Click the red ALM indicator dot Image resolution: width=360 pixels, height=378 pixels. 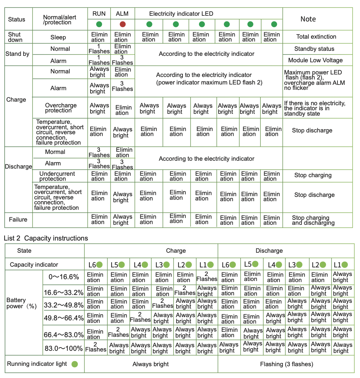click(122, 24)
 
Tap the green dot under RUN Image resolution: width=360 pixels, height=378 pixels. click(99, 24)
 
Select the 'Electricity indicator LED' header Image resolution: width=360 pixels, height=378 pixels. click(181, 14)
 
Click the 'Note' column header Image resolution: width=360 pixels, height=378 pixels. click(308, 19)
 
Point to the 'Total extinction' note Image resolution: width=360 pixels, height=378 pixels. click(316, 37)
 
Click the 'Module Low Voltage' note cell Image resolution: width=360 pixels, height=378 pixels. click(315, 60)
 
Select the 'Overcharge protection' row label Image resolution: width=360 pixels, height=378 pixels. click(61, 108)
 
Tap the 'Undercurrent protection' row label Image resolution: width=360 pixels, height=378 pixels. click(57, 176)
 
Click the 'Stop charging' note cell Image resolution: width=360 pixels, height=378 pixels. click(313, 175)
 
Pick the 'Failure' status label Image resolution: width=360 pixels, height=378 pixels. click(18, 219)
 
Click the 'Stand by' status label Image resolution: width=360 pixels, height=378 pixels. click(18, 54)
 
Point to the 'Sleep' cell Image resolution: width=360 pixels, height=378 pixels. click(58, 37)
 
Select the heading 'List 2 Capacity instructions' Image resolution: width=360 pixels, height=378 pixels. click(46, 238)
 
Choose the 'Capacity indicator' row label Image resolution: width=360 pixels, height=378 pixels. click(34, 265)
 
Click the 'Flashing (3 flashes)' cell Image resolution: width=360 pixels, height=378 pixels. click(287, 364)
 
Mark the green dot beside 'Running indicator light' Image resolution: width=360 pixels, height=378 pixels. click(74, 364)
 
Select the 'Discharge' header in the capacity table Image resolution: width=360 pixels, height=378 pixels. click(269, 251)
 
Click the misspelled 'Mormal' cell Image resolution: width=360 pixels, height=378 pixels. click(55, 152)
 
